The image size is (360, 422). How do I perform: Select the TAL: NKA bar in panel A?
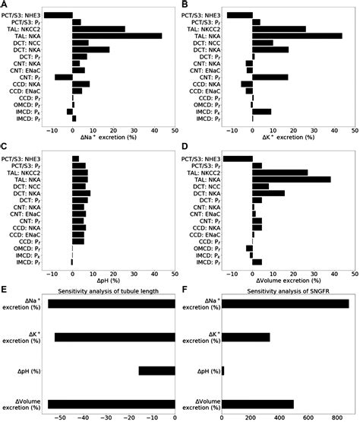tap(117, 36)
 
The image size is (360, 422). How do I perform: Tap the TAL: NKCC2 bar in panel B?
tap(279, 29)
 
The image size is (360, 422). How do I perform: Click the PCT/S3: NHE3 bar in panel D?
tap(238, 158)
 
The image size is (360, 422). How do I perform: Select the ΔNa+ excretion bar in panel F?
tap(285, 304)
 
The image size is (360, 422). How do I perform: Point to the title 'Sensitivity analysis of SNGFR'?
tap(289, 291)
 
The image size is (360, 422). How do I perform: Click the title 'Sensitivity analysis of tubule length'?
tap(111, 291)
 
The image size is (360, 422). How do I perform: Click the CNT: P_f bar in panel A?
tap(63, 77)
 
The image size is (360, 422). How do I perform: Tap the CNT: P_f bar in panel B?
tap(270, 77)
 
